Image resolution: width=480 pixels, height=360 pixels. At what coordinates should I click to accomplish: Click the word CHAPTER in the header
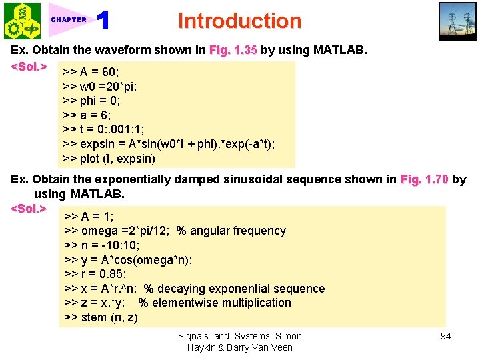[69, 20]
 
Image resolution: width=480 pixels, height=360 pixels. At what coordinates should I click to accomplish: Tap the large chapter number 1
[103, 21]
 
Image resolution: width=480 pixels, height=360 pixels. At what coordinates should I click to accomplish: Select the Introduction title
[239, 21]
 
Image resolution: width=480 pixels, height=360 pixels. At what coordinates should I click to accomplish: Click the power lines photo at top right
[457, 21]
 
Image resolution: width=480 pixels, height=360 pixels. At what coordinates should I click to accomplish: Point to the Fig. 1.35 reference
[233, 50]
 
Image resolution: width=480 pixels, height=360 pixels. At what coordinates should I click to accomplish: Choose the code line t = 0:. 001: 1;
[108, 130]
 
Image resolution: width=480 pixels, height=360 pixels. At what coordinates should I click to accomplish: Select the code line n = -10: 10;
[101, 245]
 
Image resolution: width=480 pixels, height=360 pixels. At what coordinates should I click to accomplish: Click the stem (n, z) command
[101, 317]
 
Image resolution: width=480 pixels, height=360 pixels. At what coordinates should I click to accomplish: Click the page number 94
[445, 336]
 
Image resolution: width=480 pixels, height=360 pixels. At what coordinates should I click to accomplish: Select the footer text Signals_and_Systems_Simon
[240, 336]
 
